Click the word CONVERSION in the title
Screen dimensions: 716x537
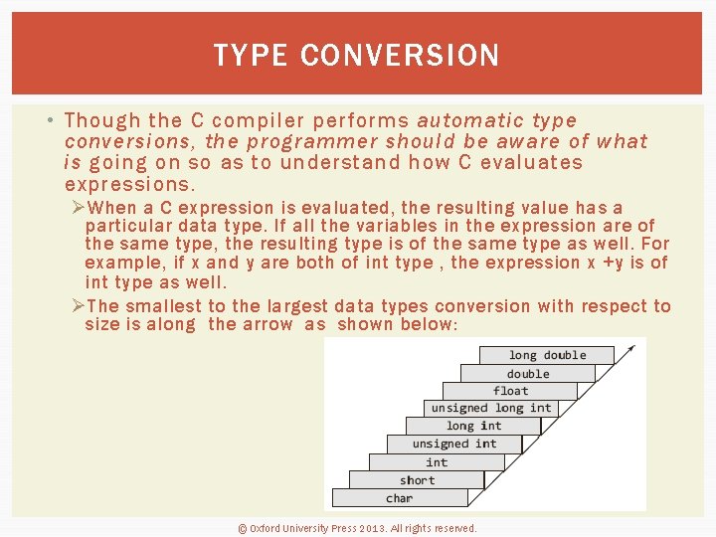(x=399, y=56)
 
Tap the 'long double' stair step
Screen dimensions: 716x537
(x=547, y=355)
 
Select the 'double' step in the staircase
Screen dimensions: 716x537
(x=527, y=374)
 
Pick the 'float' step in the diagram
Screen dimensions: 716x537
(x=510, y=391)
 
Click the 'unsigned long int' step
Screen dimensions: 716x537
(x=490, y=408)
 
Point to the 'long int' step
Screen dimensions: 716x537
(x=473, y=426)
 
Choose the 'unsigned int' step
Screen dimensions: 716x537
(x=453, y=444)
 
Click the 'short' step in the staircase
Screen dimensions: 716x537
(x=417, y=480)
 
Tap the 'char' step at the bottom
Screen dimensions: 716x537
(x=399, y=498)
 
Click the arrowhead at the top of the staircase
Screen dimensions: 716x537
(x=630, y=349)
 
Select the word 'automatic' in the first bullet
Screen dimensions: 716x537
(x=473, y=120)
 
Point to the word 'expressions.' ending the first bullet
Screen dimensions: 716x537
(x=130, y=185)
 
